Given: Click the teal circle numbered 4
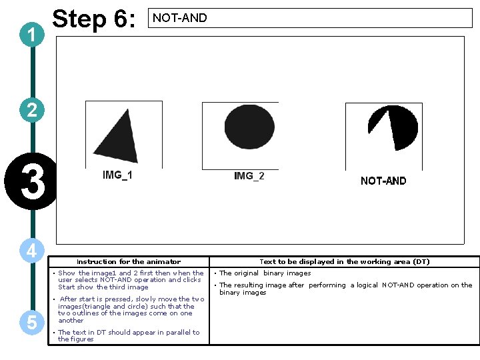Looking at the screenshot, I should click(32, 251).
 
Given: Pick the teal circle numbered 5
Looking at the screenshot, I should click(32, 322).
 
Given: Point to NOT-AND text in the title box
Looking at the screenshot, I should click(180, 18).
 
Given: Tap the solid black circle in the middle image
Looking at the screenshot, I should click(249, 125).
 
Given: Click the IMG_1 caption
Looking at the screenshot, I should click(117, 175).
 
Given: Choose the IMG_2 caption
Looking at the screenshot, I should click(249, 176).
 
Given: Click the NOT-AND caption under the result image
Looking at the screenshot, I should click(383, 181).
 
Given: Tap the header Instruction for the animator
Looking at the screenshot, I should click(129, 262).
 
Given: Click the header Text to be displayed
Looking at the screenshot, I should click(344, 262).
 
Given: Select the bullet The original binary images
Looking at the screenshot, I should click(265, 273).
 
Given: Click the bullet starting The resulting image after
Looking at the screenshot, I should click(345, 289).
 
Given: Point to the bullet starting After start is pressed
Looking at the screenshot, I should click(131, 309).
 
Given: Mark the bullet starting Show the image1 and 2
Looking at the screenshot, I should click(131, 280).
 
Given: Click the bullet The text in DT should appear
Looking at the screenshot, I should click(128, 335).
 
